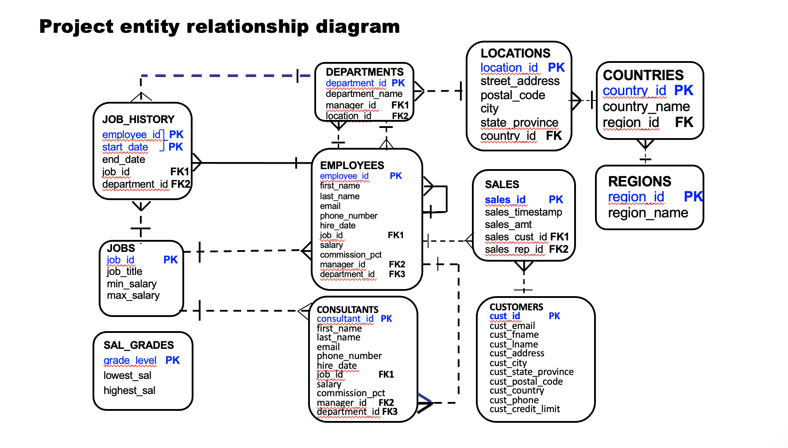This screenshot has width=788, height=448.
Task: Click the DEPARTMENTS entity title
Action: click(364, 72)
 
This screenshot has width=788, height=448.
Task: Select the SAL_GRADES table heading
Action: click(139, 345)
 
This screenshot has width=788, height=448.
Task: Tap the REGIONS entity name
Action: click(639, 182)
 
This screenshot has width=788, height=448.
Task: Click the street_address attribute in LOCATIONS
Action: click(520, 81)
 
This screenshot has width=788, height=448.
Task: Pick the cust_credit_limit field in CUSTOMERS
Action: click(525, 409)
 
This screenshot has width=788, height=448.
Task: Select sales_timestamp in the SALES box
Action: click(523, 212)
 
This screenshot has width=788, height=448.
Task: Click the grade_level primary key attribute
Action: click(130, 360)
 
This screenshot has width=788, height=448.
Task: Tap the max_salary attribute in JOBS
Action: click(133, 295)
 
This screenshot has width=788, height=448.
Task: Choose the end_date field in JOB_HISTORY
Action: click(124, 159)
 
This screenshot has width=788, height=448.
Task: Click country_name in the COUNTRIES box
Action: click(646, 107)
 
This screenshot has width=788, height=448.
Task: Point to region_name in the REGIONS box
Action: click(648, 213)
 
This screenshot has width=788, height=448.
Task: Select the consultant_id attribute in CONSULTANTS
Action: click(345, 319)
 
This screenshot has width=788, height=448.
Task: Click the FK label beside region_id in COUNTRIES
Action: click(684, 122)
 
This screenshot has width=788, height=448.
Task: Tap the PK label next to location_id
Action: click(556, 67)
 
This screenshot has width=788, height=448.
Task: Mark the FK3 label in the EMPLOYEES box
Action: click(397, 274)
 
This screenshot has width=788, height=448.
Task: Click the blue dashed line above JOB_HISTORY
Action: click(221, 76)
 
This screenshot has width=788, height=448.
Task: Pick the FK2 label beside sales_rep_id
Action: click(558, 249)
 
